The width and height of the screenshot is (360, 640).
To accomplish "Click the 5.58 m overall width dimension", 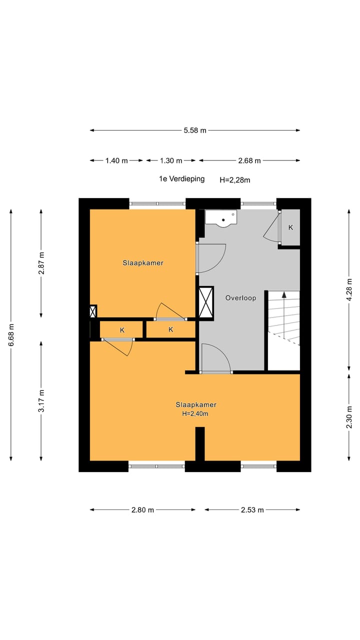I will pyautogui.click(x=194, y=130).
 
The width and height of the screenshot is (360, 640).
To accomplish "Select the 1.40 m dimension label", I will pyautogui.click(x=116, y=160).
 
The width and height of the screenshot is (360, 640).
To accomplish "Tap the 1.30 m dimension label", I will pyautogui.click(x=171, y=160).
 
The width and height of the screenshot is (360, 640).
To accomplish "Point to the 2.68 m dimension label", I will pyautogui.click(x=249, y=160).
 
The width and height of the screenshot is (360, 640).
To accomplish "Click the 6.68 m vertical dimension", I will pyautogui.click(x=11, y=334).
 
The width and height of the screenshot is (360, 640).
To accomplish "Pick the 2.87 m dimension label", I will pyautogui.click(x=41, y=262).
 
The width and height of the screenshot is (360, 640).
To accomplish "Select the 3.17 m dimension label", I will pyautogui.click(x=41, y=400).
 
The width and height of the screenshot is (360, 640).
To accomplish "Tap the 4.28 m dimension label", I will pyautogui.click(x=349, y=290).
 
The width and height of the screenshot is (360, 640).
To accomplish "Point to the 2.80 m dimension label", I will pyautogui.click(x=142, y=509).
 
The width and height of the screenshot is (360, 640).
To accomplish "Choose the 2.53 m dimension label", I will pyautogui.click(x=252, y=509).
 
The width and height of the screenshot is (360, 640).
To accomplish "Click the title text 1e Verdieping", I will pyautogui.click(x=181, y=178).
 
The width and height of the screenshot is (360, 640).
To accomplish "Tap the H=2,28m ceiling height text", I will pyautogui.click(x=235, y=179).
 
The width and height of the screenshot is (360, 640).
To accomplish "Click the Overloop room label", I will pyautogui.click(x=240, y=298).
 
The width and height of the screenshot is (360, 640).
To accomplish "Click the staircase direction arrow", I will pyautogui.click(x=284, y=310).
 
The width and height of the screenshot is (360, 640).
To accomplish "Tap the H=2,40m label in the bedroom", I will pyautogui.click(x=195, y=413).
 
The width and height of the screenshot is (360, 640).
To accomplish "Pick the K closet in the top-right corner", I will pyautogui.click(x=290, y=227).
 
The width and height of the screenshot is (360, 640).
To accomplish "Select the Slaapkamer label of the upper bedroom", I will pyautogui.click(x=143, y=262).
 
